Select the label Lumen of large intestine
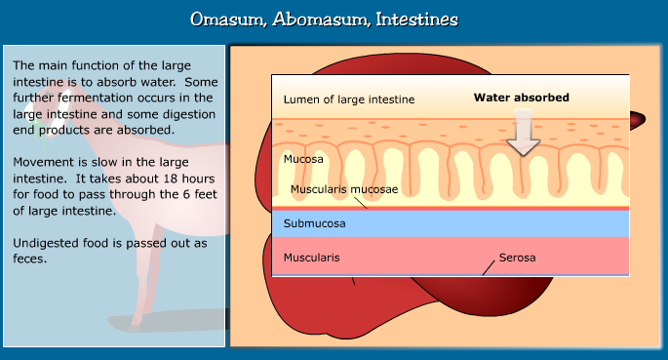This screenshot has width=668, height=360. click(x=348, y=100)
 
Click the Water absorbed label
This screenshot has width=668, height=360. click(x=521, y=98)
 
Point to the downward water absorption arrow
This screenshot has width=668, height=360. click(x=524, y=134)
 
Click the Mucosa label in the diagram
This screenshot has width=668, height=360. click(x=303, y=158)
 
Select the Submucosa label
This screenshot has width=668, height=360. click(x=314, y=223)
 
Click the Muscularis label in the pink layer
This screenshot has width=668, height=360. click(x=312, y=259)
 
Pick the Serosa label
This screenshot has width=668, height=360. click(x=517, y=259)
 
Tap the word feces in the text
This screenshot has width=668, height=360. click(x=30, y=260)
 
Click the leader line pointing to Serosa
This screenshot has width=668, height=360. click(x=490, y=265)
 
